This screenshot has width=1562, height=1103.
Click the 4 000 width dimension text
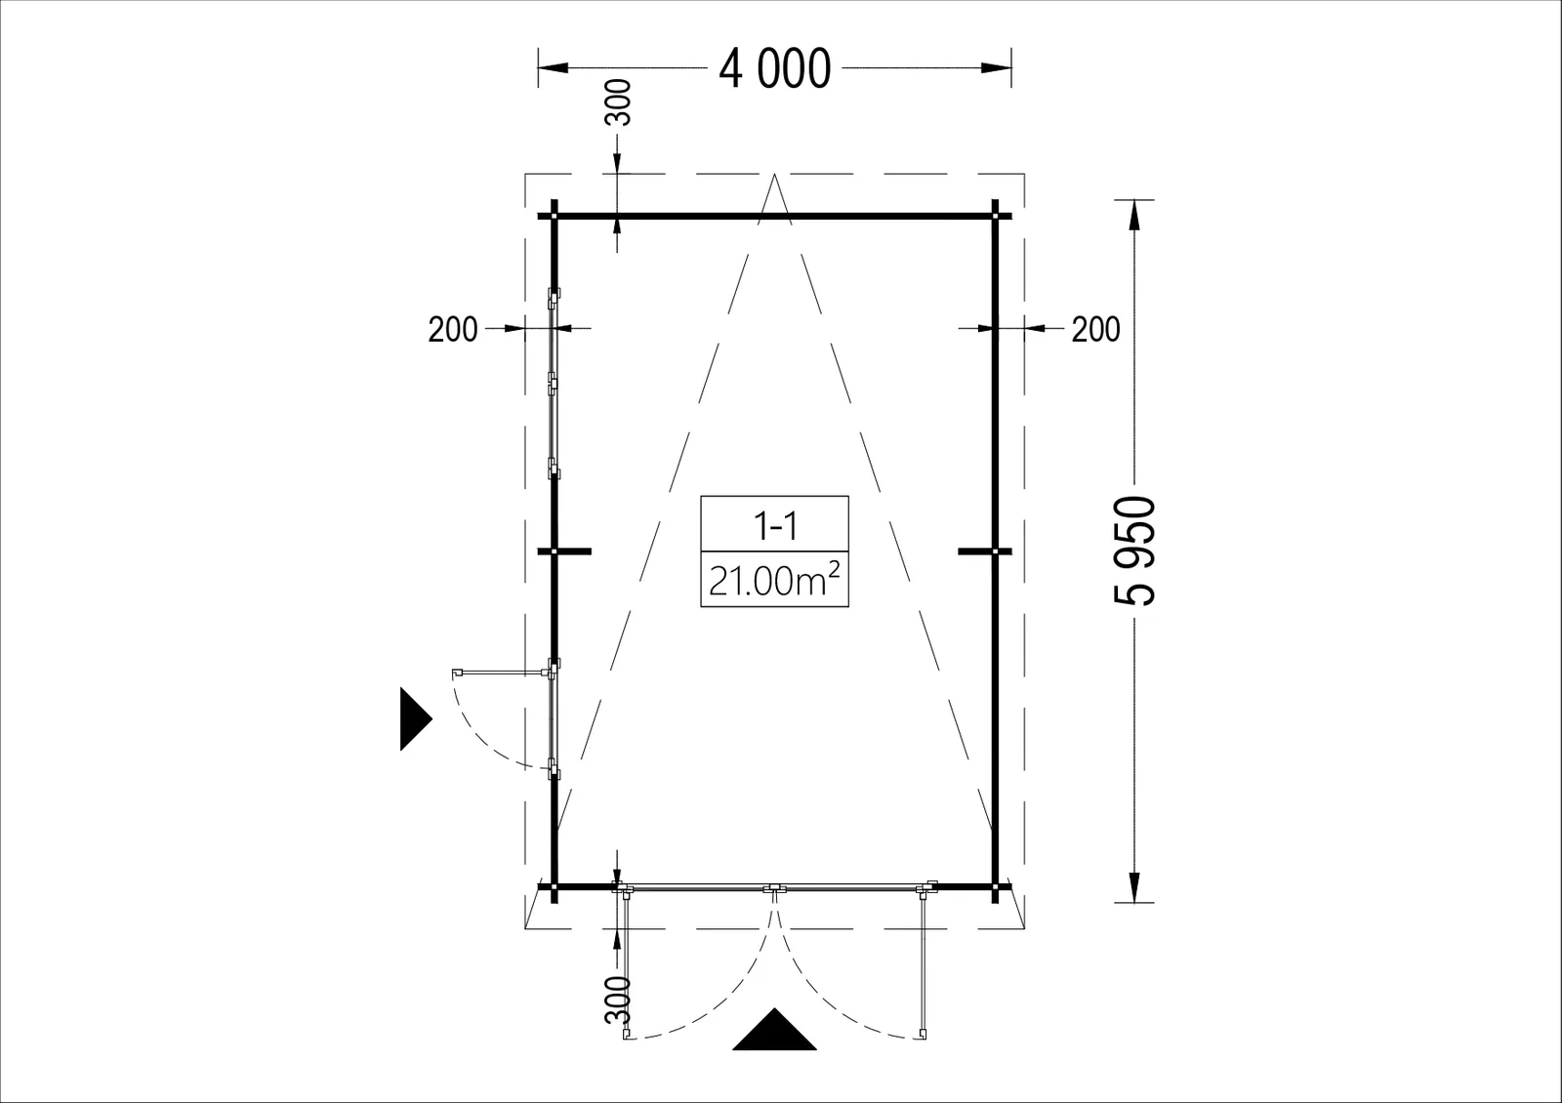point(775,69)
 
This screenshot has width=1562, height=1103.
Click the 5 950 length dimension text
point(1134,551)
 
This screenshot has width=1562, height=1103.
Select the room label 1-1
point(775,526)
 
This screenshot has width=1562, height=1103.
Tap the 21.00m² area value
point(774,580)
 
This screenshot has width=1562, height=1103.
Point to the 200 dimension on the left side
point(453,329)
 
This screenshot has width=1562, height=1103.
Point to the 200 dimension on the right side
point(1095,329)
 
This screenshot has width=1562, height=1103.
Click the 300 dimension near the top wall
point(618,102)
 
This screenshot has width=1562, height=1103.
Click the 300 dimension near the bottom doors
point(618,1000)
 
